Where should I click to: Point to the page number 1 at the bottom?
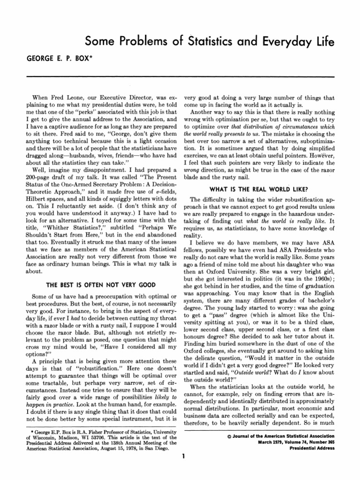185,455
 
